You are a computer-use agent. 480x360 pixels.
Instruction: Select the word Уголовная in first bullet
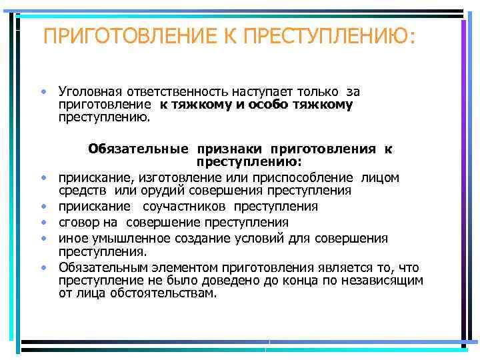[x=88, y=91]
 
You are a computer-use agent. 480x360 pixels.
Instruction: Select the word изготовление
[x=170, y=177]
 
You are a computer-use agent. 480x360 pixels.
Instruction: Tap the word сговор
[x=77, y=223]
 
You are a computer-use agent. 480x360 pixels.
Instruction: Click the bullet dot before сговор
[x=43, y=223]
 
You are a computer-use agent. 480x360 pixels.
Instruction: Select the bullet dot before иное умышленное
[x=43, y=238]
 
